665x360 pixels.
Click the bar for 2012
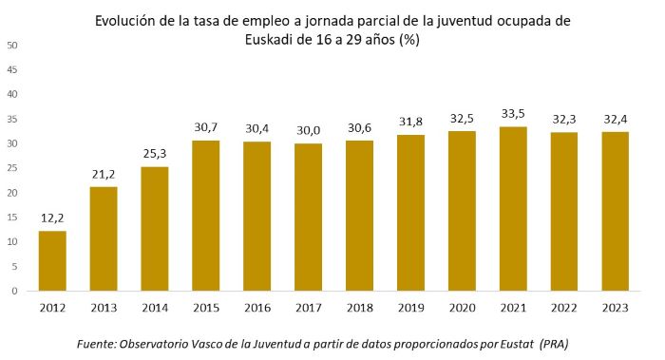pos(53,261)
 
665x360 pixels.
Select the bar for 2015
pos(207,216)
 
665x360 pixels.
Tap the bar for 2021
pos(514,209)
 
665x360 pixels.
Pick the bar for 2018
pos(360,216)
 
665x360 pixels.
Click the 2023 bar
pos(616,212)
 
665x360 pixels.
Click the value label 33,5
pos(514,115)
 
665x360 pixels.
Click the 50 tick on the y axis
pos(12,45)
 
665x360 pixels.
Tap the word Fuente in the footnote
pos(98,342)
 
